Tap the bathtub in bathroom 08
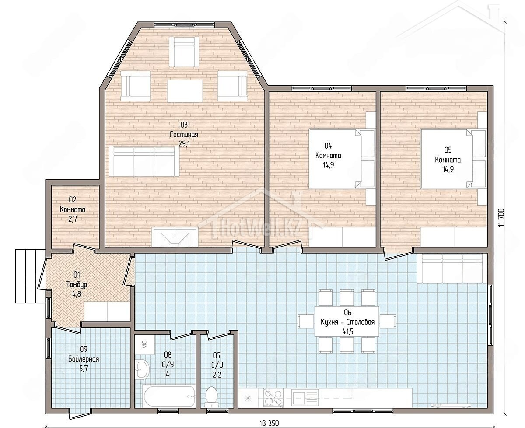169,397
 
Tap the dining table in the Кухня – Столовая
347,321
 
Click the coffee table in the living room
185,91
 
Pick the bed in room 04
342,158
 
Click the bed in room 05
453,158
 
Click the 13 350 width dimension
269,423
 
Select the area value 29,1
184,144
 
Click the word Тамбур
77,285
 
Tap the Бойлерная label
84,359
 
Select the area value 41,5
348,331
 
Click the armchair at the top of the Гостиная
184,52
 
